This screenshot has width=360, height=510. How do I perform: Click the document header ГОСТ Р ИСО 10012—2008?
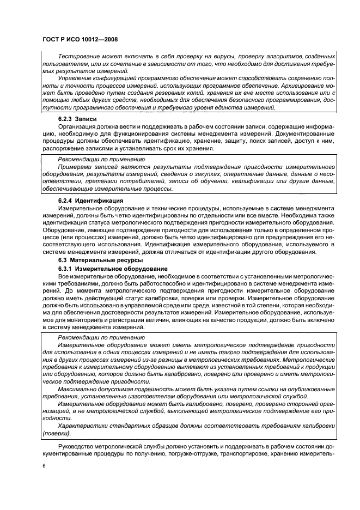(80, 39)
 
